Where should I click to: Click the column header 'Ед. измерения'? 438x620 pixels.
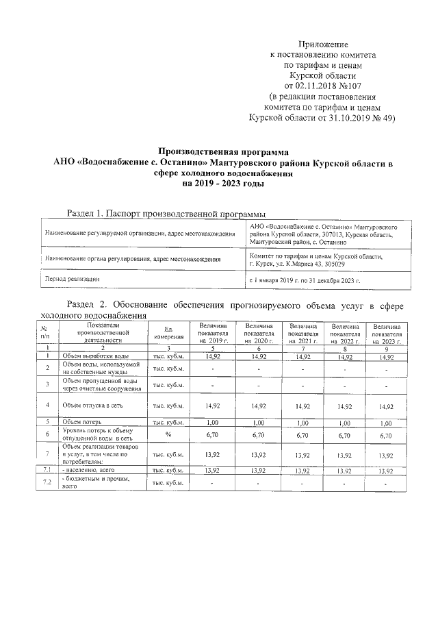(x=168, y=334)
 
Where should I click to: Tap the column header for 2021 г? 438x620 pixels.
(x=305, y=333)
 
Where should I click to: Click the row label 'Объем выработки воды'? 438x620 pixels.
(x=94, y=356)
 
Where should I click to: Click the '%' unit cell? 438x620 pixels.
(x=168, y=434)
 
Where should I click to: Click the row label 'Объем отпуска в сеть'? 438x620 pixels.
(x=92, y=405)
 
